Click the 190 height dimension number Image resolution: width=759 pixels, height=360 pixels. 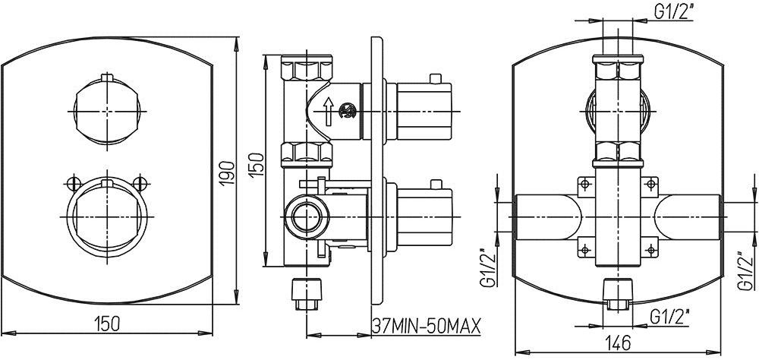228,172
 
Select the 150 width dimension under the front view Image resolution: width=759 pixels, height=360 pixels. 107,324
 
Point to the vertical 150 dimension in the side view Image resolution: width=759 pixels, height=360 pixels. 257,164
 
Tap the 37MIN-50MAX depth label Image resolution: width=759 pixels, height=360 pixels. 427,326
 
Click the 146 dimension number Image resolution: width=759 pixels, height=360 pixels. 618,342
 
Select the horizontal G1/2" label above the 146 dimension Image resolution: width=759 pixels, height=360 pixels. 669,317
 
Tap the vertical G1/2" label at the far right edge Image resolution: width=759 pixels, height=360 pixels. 745,271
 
